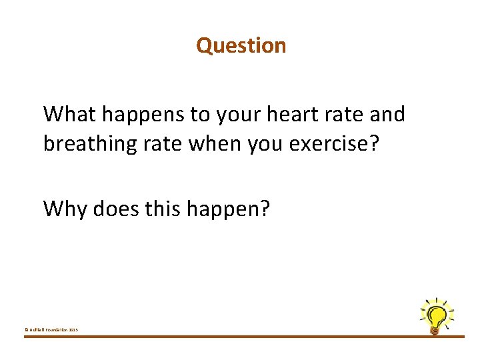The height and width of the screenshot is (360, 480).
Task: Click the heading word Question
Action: tap(241, 45)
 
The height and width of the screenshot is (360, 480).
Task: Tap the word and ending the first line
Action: tap(387, 114)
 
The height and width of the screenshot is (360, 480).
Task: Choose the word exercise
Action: tap(344, 143)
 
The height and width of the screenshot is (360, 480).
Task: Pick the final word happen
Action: tap(229, 209)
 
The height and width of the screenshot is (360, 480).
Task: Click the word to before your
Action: tap(199, 115)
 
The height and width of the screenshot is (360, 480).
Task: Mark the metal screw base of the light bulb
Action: tap(435, 329)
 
